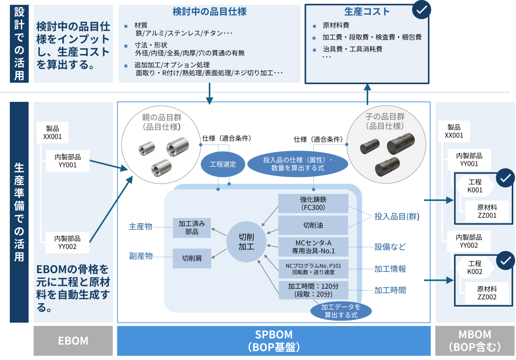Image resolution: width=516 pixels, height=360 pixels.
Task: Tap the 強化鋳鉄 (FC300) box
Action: [x=313, y=203]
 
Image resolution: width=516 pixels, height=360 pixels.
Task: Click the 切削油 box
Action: [x=313, y=225]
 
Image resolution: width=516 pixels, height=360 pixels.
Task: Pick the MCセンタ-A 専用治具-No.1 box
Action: [x=313, y=247]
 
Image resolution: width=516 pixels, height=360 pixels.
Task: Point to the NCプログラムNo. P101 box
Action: [x=313, y=268]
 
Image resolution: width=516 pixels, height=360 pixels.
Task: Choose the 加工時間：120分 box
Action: [x=313, y=290]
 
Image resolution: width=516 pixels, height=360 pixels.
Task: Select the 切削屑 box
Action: [x=192, y=258]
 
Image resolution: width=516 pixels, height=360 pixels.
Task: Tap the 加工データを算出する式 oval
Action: [x=341, y=311]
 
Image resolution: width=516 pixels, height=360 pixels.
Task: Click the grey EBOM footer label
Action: [x=73, y=341]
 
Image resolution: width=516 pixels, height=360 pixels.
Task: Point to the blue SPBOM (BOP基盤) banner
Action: [x=273, y=341]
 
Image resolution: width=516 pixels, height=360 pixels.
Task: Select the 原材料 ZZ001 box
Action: [x=487, y=211]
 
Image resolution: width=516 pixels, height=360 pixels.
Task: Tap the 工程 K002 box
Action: [x=474, y=268]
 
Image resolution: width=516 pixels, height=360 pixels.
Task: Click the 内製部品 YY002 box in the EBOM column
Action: [x=68, y=242]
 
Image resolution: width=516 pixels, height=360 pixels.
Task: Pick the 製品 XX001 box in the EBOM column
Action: [x=53, y=133]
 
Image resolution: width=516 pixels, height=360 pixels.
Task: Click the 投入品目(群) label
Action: [x=396, y=217]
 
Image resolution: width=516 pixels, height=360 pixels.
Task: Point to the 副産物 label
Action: [x=141, y=257]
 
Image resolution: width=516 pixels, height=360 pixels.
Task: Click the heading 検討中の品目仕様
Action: [x=210, y=11]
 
